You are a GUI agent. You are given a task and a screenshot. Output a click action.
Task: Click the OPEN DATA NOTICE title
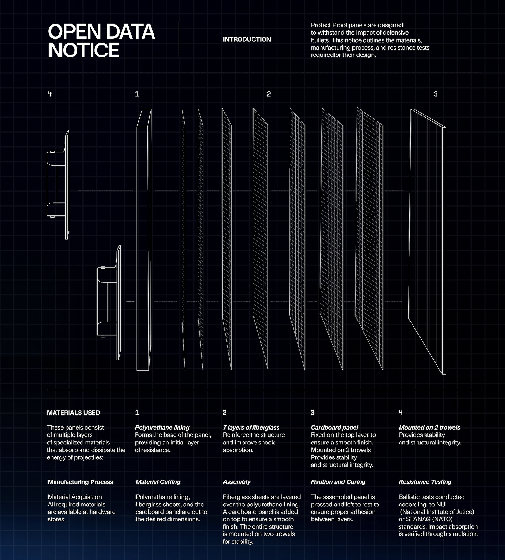point(101,41)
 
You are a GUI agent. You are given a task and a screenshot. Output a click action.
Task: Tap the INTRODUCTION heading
point(247,39)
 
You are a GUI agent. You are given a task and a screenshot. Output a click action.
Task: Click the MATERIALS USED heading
point(73,413)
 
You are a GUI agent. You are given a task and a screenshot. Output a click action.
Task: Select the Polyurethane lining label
point(162,427)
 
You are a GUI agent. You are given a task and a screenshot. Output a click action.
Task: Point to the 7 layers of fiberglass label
point(251,427)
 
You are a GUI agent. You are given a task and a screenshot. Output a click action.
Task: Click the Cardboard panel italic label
point(334,427)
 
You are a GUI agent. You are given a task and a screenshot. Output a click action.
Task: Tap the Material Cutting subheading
point(158,482)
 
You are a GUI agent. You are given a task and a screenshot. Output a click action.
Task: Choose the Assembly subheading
point(236,482)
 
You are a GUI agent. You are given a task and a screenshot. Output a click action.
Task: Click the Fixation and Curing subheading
point(338,482)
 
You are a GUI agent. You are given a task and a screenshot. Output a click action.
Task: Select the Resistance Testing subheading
point(425,482)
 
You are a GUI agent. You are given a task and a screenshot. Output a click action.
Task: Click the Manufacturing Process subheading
point(80,482)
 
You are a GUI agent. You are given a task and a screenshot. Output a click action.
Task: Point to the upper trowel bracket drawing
point(59,185)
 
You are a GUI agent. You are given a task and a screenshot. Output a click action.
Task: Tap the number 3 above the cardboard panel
point(435,94)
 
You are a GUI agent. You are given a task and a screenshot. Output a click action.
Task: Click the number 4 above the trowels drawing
point(50,94)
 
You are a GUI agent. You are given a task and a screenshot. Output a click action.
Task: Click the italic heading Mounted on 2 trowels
point(429,427)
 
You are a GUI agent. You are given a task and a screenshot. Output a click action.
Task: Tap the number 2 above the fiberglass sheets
point(268,94)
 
